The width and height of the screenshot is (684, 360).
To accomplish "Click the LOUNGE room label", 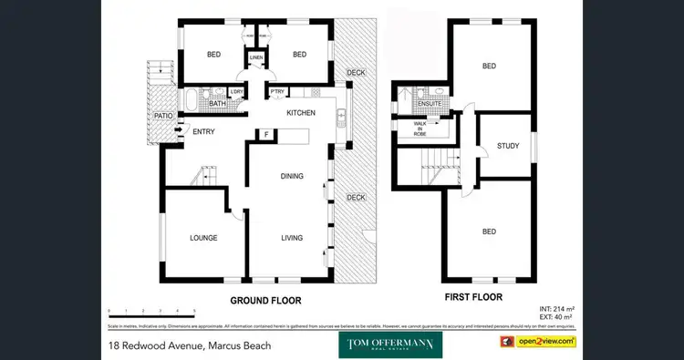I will (x=203, y=238).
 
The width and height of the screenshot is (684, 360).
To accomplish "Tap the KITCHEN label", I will (x=301, y=113).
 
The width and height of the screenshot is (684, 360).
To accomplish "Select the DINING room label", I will (x=292, y=176).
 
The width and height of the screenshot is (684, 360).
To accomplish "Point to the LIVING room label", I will (x=292, y=238).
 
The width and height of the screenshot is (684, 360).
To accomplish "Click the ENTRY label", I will (x=202, y=133).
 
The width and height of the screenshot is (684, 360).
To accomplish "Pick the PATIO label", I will (x=163, y=117).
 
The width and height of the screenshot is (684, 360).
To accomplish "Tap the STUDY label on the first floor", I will (x=507, y=147).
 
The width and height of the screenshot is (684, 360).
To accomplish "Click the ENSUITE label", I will (x=428, y=104).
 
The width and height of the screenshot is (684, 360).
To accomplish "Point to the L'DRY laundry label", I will (x=236, y=92).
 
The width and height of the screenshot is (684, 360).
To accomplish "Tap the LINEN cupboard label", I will (x=256, y=59).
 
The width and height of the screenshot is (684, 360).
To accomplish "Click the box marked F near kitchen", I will (x=266, y=135).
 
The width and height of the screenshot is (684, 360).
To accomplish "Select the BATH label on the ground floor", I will (x=217, y=104).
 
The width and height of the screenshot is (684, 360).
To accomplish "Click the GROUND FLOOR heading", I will (x=265, y=300).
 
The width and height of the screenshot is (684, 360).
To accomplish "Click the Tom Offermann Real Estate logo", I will (x=390, y=345).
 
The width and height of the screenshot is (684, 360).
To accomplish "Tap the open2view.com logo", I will (x=536, y=342).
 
